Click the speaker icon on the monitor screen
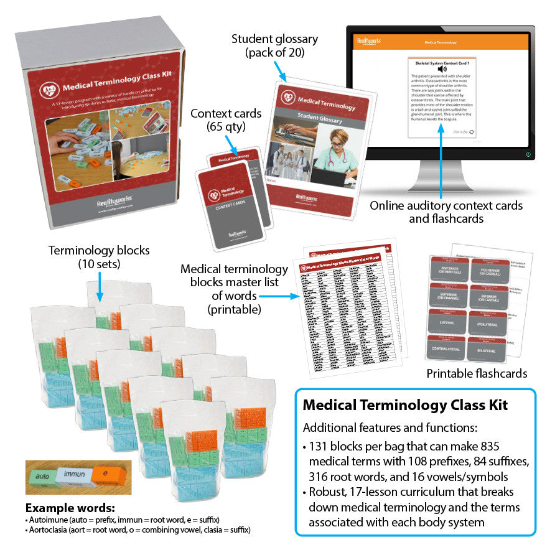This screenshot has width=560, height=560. point(442,69)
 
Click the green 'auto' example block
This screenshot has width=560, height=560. point(42,477)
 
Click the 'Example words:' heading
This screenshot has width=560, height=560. point(70,507)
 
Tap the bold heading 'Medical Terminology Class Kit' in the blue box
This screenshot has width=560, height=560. point(405,406)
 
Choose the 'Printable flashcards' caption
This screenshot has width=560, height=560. point(477,373)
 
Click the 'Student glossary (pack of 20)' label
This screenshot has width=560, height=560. point(274,45)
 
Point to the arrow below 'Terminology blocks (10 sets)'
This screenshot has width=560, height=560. point(100,287)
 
